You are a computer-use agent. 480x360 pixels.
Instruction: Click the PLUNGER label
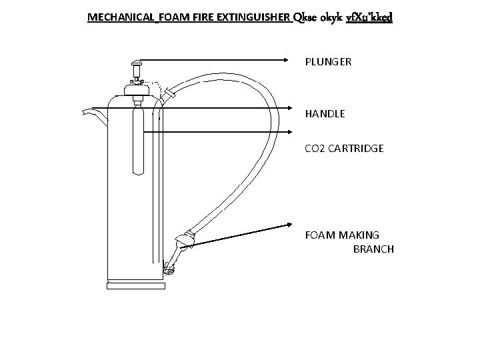tap(328, 62)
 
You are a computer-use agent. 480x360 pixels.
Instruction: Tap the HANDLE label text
tap(325, 114)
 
